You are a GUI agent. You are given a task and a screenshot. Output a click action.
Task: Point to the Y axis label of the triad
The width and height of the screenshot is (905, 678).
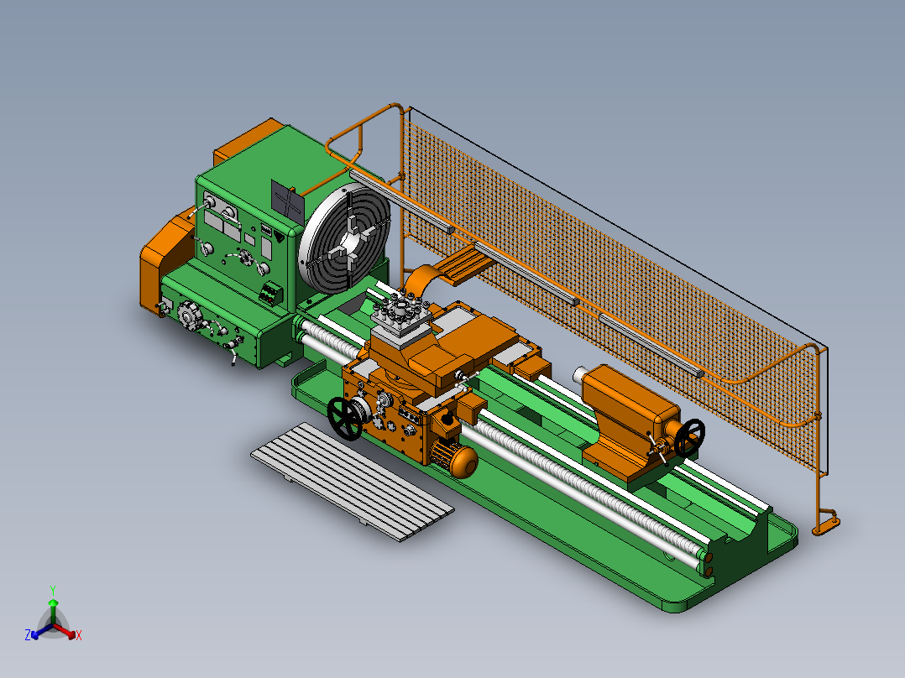click(x=52, y=589)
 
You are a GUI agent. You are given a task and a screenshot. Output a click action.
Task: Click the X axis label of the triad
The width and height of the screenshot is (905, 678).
click(x=78, y=635)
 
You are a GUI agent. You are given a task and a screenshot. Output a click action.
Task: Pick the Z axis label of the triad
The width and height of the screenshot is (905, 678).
click(x=28, y=635)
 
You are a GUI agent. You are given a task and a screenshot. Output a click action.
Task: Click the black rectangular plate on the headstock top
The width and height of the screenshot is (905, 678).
click(x=287, y=202)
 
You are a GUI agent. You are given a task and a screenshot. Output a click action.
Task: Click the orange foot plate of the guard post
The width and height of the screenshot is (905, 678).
click(x=826, y=525)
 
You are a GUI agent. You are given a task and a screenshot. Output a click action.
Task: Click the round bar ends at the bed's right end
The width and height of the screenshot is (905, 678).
click(x=707, y=563)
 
